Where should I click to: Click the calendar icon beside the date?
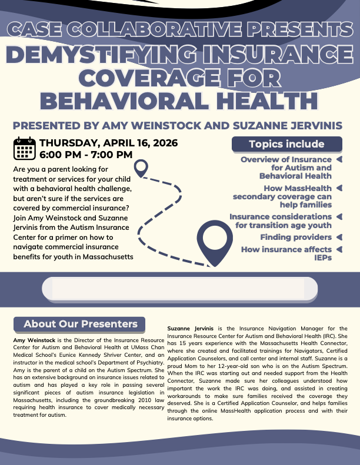24,149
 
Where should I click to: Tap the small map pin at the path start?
141,168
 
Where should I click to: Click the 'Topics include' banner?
286,144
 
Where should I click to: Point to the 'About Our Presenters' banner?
80,324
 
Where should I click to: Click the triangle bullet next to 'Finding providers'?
339,237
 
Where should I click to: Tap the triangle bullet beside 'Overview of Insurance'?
339,159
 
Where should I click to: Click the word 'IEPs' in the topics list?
322,257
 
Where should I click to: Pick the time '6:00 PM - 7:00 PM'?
86,155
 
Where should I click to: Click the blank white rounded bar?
179,289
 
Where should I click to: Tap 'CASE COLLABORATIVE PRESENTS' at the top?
181,29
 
